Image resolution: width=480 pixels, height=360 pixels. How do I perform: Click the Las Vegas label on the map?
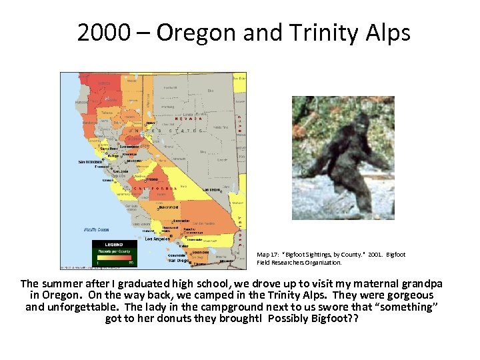[x=211, y=189]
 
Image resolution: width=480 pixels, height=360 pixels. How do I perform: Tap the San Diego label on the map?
[x=177, y=260]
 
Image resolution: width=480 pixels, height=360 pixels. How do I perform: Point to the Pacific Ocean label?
[x=97, y=229]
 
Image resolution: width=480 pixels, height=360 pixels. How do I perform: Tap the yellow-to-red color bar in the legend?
[x=113, y=258]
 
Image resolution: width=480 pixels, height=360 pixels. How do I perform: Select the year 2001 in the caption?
[x=375, y=255]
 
